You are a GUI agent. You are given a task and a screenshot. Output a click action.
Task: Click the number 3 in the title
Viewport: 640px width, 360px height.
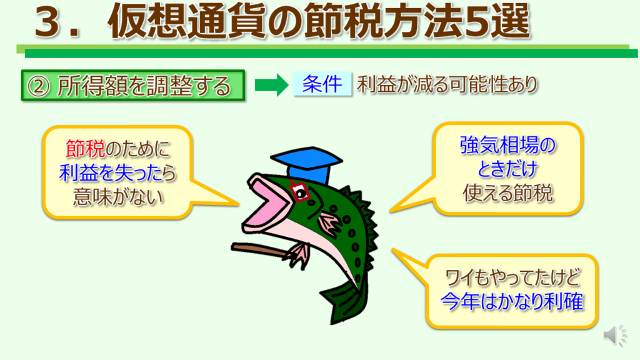(x=51, y=22)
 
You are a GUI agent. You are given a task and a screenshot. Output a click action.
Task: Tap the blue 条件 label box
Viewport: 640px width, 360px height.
(x=322, y=84)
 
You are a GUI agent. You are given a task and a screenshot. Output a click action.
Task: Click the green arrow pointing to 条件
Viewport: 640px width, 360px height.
(x=271, y=85)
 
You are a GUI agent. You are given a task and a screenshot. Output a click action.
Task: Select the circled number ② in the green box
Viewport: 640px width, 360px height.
(x=38, y=86)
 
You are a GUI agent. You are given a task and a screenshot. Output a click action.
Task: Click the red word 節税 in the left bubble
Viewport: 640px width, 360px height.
(x=85, y=149)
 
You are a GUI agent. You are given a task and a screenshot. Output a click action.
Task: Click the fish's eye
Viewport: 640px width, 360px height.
(x=301, y=192)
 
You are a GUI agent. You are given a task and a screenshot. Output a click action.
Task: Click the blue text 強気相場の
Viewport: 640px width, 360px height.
(x=507, y=145)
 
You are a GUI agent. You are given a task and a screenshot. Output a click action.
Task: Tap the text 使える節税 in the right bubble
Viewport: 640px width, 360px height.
(x=507, y=192)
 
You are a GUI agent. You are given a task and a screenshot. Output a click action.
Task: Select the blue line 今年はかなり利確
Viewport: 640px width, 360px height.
(x=512, y=302)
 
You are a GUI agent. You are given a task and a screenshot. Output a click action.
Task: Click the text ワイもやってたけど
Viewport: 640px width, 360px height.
(x=512, y=278)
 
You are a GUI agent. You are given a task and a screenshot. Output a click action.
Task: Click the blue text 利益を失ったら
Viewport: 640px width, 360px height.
(x=117, y=172)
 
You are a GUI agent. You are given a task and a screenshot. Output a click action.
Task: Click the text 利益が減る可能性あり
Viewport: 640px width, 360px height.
(x=447, y=85)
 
